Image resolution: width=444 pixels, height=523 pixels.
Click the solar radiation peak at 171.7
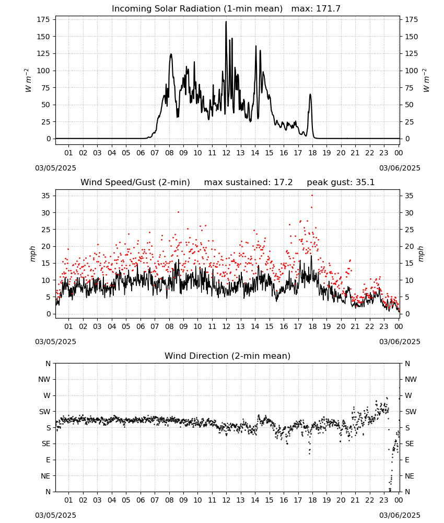(x=226, y=22)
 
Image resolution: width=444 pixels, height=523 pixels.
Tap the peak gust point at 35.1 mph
(x=312, y=196)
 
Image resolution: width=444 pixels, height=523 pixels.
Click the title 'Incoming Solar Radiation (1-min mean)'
(x=197, y=9)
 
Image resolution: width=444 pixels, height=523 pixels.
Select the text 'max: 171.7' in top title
(x=316, y=9)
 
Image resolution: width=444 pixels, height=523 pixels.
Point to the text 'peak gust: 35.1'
(x=341, y=183)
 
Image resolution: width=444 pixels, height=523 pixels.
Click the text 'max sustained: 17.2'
(x=248, y=183)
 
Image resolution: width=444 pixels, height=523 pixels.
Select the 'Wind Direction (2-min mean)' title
(x=228, y=356)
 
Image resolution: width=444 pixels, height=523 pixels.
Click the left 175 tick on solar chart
(x=44, y=20)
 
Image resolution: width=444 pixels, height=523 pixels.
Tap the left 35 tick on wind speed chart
(x=46, y=196)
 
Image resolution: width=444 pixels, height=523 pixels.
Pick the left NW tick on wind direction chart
(x=44, y=380)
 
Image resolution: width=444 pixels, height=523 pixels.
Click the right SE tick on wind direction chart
(x=410, y=444)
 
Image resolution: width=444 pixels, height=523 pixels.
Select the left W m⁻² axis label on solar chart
(x=28, y=81)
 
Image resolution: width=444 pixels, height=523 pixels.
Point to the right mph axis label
(x=420, y=254)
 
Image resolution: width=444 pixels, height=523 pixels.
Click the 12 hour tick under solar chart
(x=226, y=153)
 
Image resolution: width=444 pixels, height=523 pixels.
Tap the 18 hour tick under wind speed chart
(x=312, y=326)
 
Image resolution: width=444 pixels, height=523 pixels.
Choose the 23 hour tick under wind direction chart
(x=384, y=500)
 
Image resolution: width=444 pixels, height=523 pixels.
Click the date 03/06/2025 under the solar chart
(x=400, y=168)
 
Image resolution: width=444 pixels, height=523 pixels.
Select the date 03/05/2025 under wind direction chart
(x=55, y=515)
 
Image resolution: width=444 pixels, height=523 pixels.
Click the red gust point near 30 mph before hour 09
(x=178, y=212)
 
